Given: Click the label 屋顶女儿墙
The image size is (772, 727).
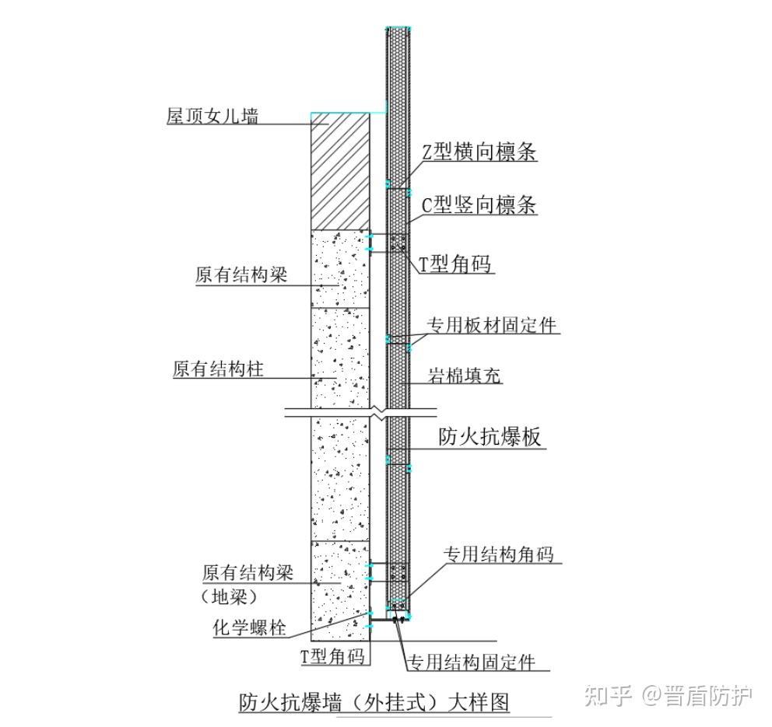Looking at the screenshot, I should tap(212, 116).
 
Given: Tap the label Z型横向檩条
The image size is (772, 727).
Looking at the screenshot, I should tap(479, 152).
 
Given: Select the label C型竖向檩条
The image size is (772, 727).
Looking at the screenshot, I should tap(479, 205).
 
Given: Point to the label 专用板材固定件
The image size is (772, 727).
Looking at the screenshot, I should tap(492, 325).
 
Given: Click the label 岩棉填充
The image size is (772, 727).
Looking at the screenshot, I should tap(465, 376).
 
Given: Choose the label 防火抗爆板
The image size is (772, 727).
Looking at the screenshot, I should tap(490, 438).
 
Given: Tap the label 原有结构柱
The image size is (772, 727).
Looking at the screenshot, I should tap(218, 369).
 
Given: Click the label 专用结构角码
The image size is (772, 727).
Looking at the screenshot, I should tap(498, 554).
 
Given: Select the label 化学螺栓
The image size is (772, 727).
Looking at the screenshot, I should tap(250, 627).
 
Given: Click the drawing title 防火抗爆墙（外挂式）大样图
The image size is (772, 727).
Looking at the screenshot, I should tap(374, 702).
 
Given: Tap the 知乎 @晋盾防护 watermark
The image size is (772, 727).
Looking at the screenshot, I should tap(668, 694).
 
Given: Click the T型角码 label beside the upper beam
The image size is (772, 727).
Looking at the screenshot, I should tap(456, 264).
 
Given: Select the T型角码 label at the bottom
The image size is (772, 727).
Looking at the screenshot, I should tap(332, 656).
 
